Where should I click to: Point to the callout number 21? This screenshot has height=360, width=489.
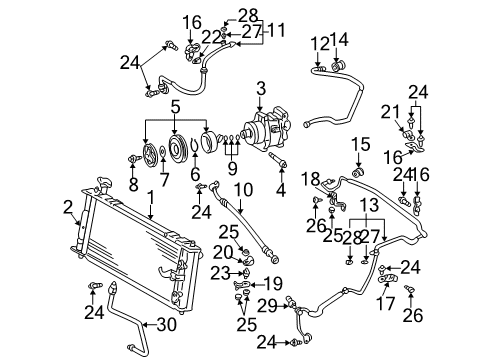point(395,111)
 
